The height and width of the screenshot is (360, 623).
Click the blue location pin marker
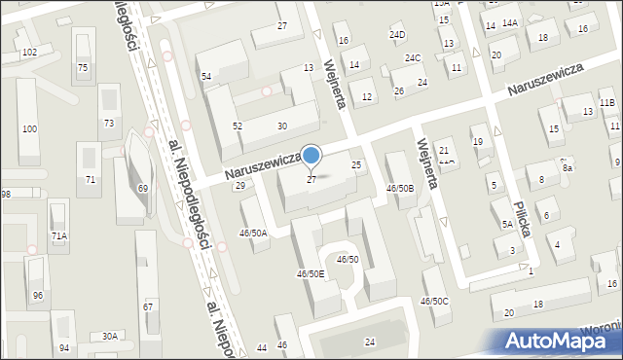coord(311,156)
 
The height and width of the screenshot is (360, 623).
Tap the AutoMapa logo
coord(562,340)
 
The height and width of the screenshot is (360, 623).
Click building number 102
coord(29,52)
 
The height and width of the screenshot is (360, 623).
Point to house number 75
coord(83,67)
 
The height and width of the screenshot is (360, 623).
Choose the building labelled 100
coord(29,129)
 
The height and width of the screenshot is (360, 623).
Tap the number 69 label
coord(142,188)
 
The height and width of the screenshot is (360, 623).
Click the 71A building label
coord(59,236)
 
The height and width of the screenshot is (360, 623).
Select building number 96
coord(38,296)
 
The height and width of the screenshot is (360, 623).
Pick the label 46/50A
coord(253,234)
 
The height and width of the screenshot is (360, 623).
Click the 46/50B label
coord(400,189)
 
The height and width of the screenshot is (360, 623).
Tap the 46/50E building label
coord(311,274)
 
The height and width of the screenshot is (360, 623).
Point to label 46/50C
coord(434,301)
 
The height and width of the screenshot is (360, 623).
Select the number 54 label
coord(206,76)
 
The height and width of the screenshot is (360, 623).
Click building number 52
coord(237,126)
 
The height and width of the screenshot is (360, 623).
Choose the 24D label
coord(397,35)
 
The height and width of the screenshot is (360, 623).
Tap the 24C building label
coord(413,58)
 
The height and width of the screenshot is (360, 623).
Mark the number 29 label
coord(239,185)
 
